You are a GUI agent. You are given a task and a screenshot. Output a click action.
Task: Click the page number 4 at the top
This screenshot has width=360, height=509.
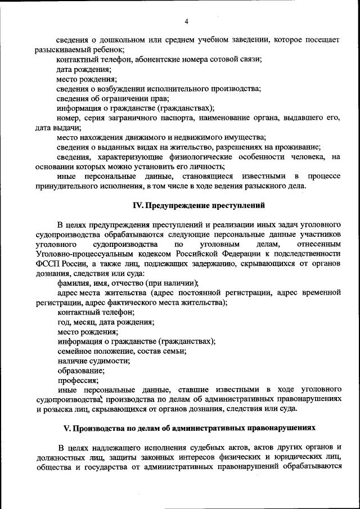click(x=186, y=21)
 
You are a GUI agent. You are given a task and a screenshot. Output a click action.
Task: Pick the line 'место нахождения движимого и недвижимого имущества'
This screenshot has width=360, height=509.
click(x=160, y=137)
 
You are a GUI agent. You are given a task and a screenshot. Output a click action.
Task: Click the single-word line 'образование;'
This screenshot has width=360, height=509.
click(x=80, y=370)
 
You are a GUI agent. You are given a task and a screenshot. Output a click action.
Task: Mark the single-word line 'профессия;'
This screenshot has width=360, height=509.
click(x=78, y=380)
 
